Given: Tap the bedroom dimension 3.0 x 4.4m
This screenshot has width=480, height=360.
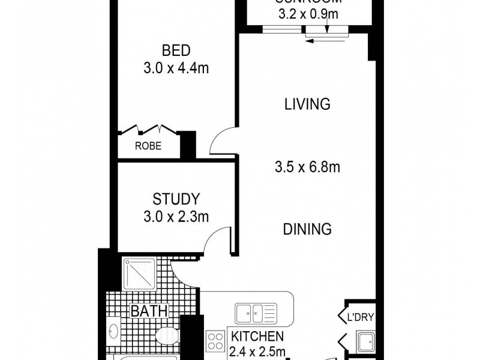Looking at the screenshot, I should tap(176, 68).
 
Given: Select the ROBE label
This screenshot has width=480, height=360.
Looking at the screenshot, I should tap(147, 146).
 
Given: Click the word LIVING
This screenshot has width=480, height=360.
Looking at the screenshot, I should tap(307, 104).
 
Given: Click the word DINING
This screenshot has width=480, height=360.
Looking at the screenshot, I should tap(307, 229).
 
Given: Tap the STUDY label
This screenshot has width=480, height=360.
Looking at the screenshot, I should tap(176, 199).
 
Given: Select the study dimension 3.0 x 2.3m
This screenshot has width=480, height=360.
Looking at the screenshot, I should tap(176, 217).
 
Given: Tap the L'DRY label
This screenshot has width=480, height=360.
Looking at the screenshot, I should tap(358, 317).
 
